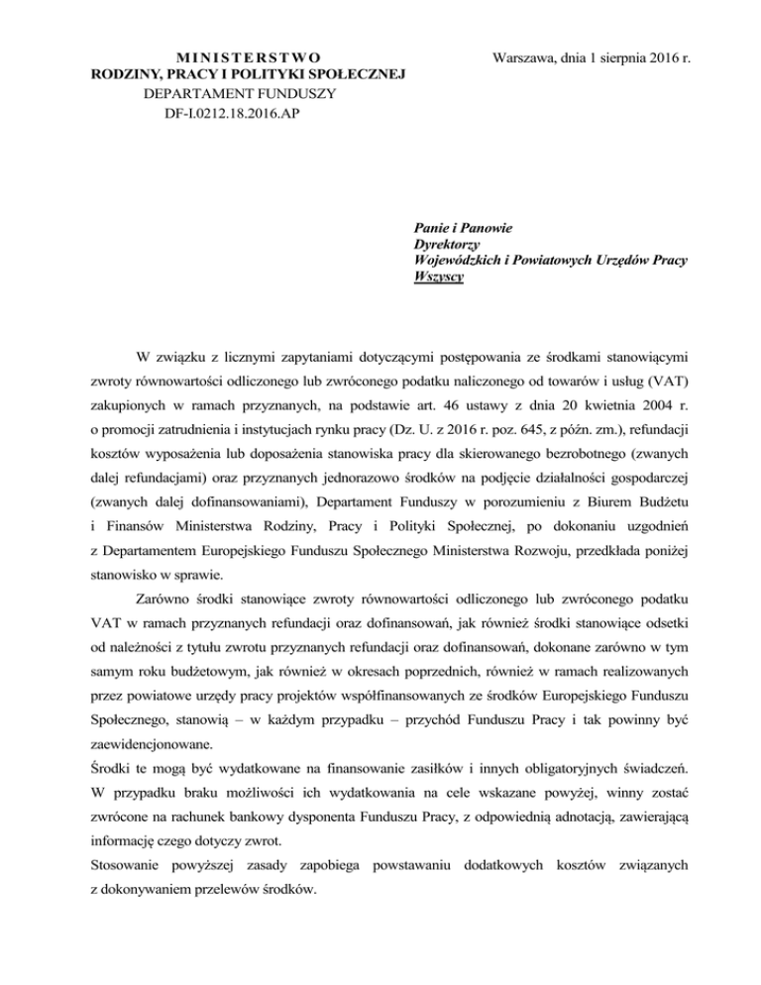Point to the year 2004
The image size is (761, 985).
point(670,407)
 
